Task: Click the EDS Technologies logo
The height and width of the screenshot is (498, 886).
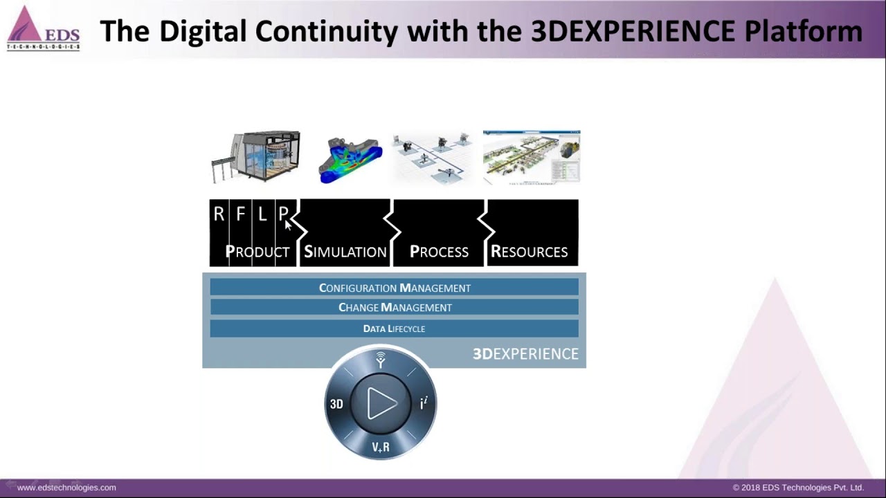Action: (x=43, y=29)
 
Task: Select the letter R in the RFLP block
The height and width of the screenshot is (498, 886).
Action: (x=219, y=214)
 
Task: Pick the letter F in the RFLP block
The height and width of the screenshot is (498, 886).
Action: (x=240, y=214)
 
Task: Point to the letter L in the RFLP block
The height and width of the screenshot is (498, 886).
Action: (x=262, y=214)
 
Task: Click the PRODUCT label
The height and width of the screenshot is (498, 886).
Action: (x=257, y=252)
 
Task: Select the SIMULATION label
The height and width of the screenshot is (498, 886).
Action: (x=345, y=252)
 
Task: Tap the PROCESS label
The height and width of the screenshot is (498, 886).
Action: (x=439, y=252)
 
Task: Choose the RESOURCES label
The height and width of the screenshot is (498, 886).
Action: (x=529, y=252)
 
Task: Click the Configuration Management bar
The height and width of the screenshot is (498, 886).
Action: (x=394, y=288)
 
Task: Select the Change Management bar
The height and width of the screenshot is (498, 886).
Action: (x=394, y=308)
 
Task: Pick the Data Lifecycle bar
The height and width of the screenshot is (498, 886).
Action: (x=394, y=329)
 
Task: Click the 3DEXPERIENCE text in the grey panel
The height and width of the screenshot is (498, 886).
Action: (x=525, y=354)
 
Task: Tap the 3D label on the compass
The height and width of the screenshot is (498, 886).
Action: (x=336, y=404)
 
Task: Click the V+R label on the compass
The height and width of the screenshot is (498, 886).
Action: (x=381, y=448)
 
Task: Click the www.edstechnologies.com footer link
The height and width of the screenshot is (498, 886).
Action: (x=66, y=488)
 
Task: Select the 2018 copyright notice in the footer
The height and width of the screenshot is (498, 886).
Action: (x=798, y=488)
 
